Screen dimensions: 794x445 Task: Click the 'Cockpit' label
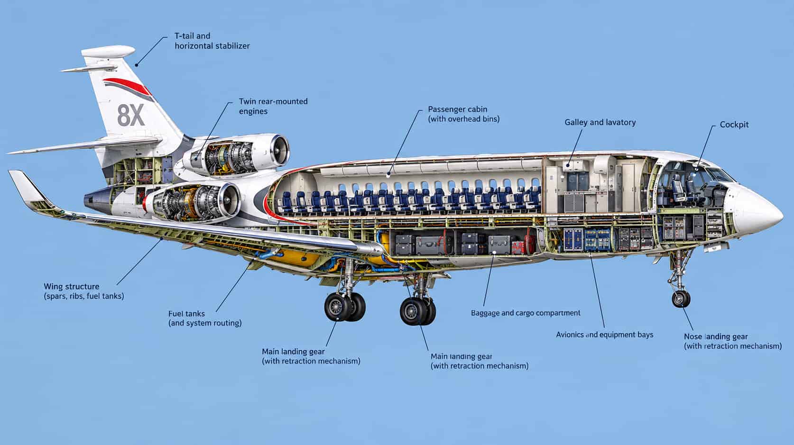click(x=734, y=125)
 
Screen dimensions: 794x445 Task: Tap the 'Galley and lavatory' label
click(x=600, y=123)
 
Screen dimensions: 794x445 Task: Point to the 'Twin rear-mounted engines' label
click(x=273, y=106)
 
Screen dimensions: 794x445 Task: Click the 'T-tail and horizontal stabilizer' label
click(x=212, y=41)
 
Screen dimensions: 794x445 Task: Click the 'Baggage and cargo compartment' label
click(x=526, y=313)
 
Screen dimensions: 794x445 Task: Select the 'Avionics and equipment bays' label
click(x=605, y=335)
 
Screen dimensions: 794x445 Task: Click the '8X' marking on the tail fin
click(x=131, y=116)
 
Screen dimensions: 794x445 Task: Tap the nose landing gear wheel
click(x=681, y=299)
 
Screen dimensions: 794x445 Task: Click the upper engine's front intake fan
click(x=280, y=150)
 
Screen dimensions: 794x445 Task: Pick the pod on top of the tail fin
click(x=108, y=52)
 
